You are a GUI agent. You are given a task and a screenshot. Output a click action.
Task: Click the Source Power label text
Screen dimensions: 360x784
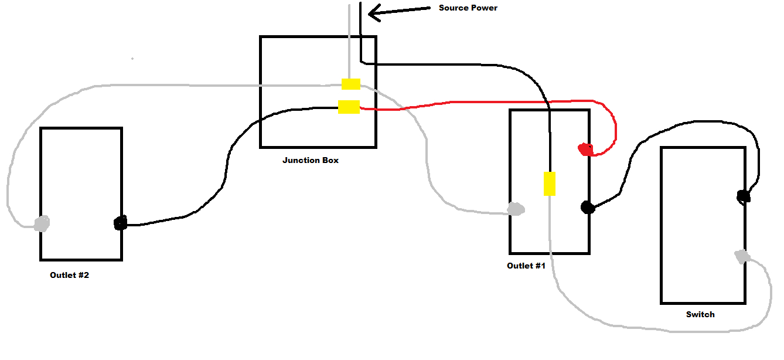pos(468,8)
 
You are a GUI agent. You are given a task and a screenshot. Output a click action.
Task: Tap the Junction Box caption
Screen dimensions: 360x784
pos(310,160)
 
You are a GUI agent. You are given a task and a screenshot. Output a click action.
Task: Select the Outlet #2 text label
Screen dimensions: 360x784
pos(69,275)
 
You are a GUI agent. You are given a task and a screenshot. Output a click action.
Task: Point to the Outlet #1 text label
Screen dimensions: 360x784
pos(526,266)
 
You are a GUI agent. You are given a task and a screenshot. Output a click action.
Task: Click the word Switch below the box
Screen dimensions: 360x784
pos(700,314)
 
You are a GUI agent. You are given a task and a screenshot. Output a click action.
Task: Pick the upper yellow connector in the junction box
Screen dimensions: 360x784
pos(351,84)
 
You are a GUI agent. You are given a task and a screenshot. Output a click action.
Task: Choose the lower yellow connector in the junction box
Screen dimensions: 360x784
pos(349,107)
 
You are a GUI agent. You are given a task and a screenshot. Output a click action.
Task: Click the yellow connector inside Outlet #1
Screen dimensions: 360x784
pos(549,184)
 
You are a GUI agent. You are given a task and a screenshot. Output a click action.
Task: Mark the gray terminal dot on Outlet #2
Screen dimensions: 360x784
pos(42,223)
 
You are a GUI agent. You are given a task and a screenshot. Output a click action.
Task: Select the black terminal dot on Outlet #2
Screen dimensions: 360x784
pos(120,223)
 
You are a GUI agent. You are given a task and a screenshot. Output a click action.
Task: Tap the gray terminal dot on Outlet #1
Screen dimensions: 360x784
pos(516,209)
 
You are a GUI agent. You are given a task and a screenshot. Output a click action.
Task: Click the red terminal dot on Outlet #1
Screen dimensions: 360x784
pos(585,150)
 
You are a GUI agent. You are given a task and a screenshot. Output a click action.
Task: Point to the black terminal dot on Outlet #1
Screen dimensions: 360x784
pos(587,207)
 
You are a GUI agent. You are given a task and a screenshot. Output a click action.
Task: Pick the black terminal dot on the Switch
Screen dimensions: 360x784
pos(743,196)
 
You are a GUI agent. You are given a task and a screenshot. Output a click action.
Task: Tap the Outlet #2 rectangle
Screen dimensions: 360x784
pos(81,176)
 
